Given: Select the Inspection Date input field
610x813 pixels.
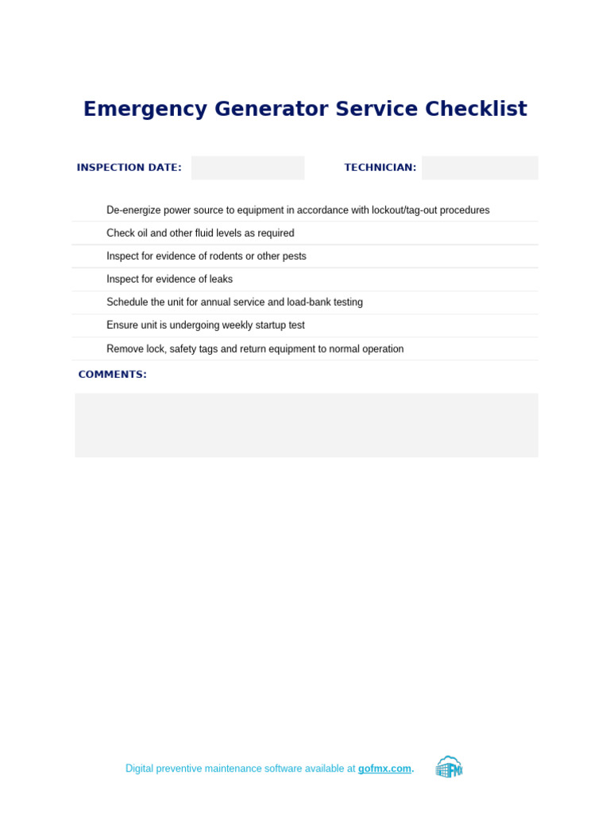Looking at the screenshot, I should [248, 168].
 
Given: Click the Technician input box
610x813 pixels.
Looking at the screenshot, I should [480, 168].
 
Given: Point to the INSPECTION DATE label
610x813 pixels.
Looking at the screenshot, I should [129, 168].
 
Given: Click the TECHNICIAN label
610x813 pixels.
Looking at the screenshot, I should [380, 168].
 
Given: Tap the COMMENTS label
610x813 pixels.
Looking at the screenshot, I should [112, 375].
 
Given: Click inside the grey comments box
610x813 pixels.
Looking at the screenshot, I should [306, 425].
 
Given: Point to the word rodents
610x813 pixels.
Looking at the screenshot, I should [225, 256].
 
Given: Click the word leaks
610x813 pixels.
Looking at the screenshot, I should [220, 279].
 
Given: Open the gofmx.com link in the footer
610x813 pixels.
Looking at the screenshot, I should [384, 769].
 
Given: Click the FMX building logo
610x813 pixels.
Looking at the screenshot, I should [449, 768].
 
